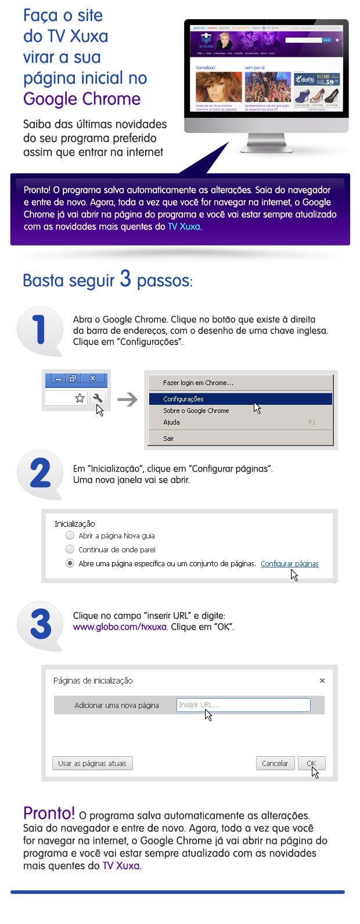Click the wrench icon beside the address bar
click(x=98, y=398)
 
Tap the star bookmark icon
click(x=80, y=398)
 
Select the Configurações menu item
click(x=183, y=399)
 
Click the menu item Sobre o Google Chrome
click(x=196, y=411)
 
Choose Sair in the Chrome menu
click(x=168, y=438)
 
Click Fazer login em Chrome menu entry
click(x=198, y=383)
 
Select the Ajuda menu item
click(x=171, y=422)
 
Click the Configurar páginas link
click(x=289, y=563)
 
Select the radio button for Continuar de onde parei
click(x=70, y=549)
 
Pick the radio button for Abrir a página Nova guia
click(x=70, y=535)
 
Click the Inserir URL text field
click(x=243, y=705)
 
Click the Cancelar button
click(x=275, y=763)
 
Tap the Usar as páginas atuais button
click(x=92, y=763)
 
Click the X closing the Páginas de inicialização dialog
click(x=322, y=681)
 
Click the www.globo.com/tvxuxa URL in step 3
click(x=120, y=627)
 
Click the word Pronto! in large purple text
click(x=49, y=813)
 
